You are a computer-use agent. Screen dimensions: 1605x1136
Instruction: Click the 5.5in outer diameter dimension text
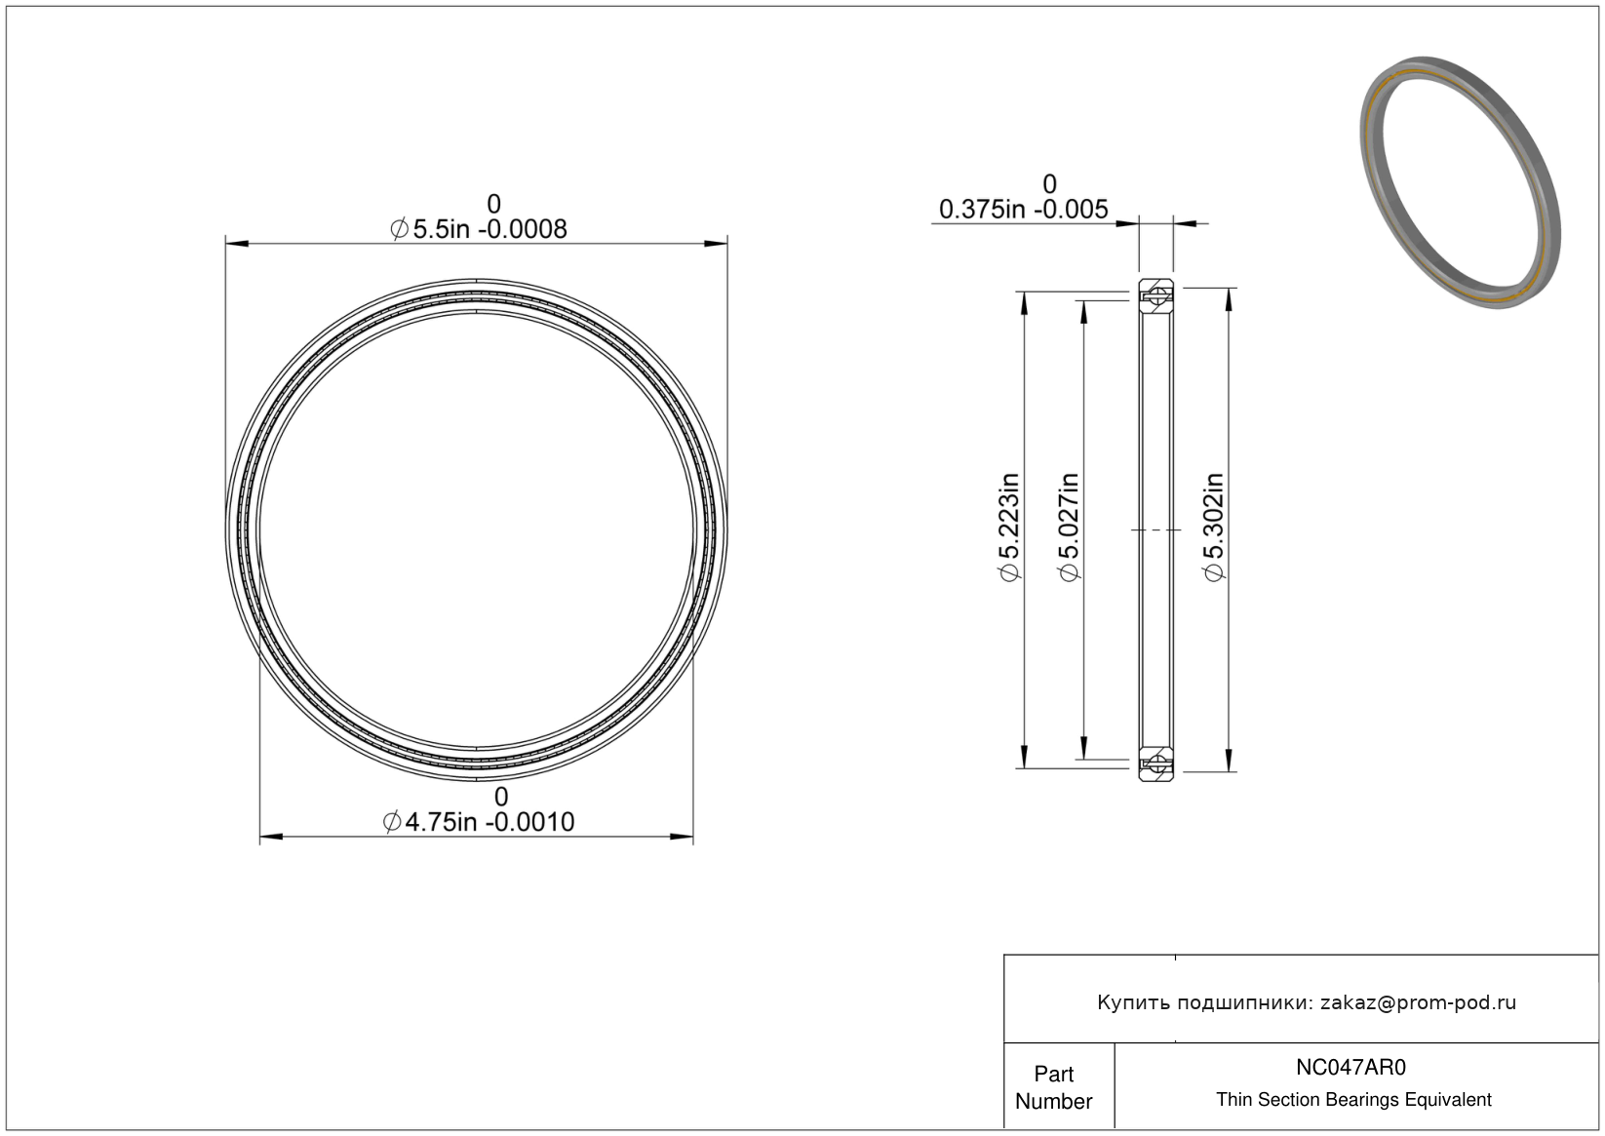[479, 229]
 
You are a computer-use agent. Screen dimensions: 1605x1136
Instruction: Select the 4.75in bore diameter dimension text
[479, 822]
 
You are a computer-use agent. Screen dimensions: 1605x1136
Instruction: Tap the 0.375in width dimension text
[1023, 210]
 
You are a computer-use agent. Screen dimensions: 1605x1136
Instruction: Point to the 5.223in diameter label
[1009, 528]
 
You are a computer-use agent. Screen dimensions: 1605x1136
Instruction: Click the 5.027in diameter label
[1069, 528]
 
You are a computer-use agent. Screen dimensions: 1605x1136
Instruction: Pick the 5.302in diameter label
[1214, 528]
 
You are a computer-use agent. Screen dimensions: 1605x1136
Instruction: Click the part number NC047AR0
[1351, 1068]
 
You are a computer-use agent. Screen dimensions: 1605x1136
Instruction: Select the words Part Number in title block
[1053, 1087]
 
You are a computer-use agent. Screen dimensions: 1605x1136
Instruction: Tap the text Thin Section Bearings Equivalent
[1353, 1100]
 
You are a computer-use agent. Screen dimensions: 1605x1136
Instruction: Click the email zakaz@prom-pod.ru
[1418, 1002]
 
